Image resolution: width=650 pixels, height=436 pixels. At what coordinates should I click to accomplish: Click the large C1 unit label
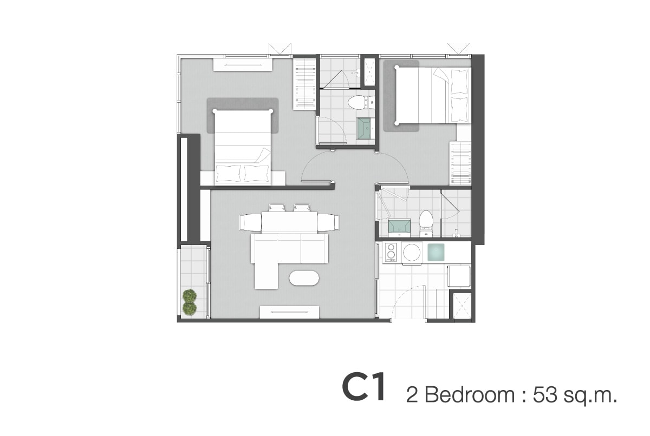(x=364, y=388)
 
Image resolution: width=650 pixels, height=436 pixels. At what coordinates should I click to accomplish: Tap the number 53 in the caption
(x=545, y=394)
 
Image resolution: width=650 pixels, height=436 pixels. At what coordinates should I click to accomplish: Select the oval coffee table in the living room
(x=304, y=278)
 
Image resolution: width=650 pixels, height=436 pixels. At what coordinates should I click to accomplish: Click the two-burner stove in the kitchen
(x=392, y=252)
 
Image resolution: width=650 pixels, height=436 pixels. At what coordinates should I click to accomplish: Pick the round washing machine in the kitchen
(x=412, y=253)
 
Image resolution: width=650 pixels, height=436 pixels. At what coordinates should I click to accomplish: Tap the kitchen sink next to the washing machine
(x=435, y=252)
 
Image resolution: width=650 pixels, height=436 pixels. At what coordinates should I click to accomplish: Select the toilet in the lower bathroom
(x=426, y=223)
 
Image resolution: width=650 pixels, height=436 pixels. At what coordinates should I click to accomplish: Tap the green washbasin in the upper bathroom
(x=365, y=128)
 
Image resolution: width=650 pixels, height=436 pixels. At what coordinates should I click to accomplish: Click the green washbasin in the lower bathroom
(x=399, y=226)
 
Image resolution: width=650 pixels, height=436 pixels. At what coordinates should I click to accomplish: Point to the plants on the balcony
(x=190, y=302)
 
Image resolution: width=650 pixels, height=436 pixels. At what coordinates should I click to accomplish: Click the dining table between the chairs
(x=289, y=222)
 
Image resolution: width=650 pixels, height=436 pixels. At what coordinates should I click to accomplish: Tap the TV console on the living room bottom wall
(x=289, y=312)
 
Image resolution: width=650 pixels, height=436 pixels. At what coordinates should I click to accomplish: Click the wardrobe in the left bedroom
(x=304, y=84)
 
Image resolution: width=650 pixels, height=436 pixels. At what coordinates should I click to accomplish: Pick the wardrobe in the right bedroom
(x=460, y=163)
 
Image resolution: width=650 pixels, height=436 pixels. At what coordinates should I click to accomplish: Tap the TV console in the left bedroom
(x=243, y=64)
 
